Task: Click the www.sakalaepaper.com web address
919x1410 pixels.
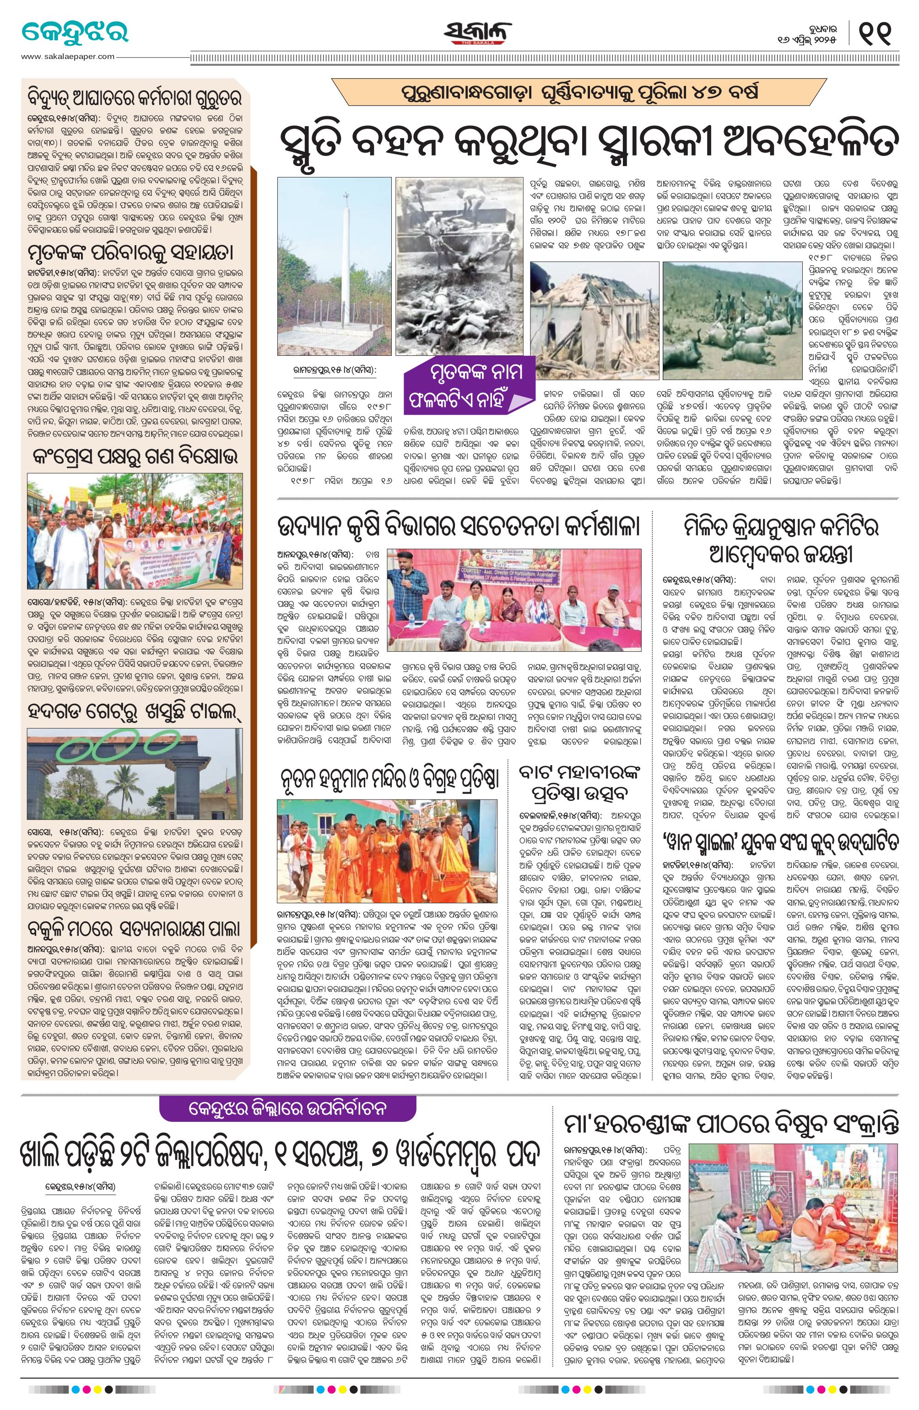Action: (67, 56)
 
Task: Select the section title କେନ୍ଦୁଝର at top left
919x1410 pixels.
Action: (75, 31)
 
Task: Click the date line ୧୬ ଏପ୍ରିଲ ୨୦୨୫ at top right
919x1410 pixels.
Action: (812, 39)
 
